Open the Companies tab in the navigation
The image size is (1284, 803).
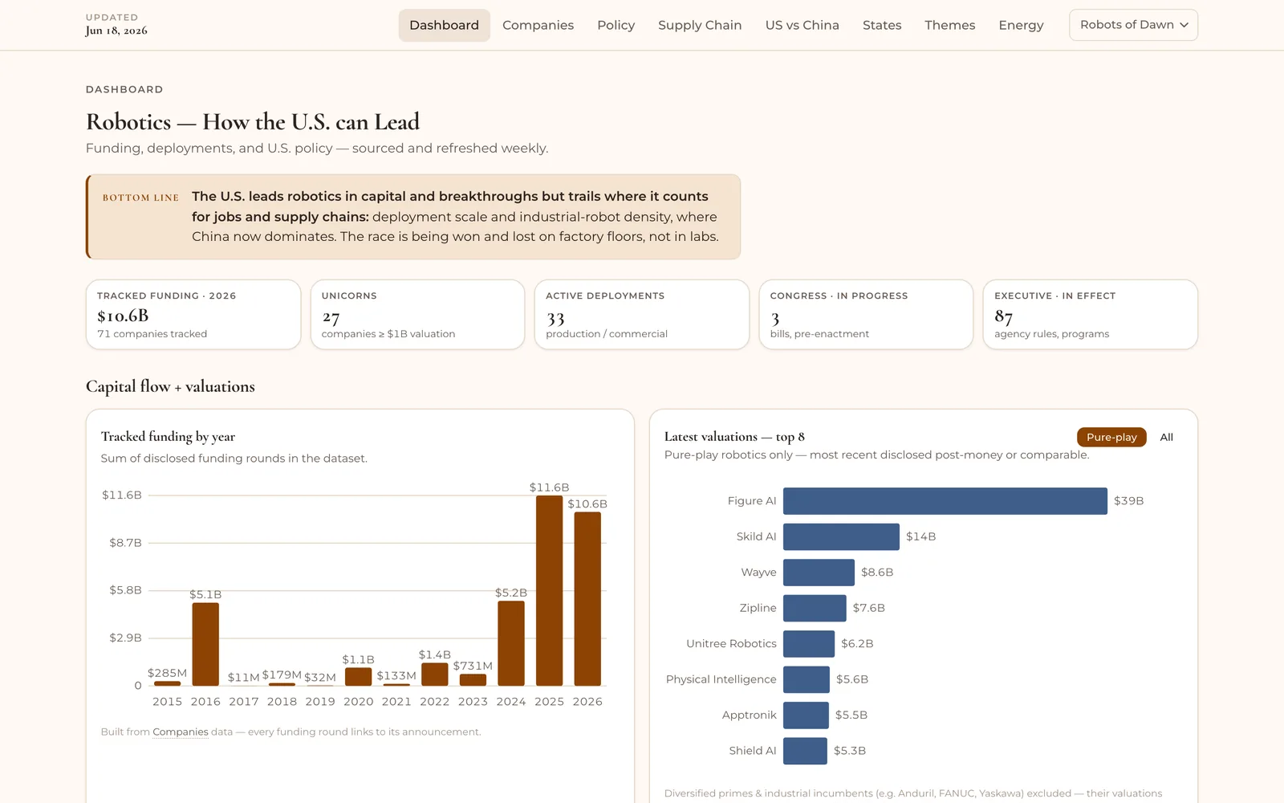pyautogui.click(x=538, y=25)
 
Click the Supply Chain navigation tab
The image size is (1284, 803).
pyautogui.click(x=699, y=25)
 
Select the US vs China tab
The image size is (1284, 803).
pyautogui.click(x=802, y=25)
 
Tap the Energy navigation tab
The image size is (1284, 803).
pyautogui.click(x=1021, y=25)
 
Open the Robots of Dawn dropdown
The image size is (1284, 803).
pyautogui.click(x=1133, y=25)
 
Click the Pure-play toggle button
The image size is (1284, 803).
pyautogui.click(x=1111, y=437)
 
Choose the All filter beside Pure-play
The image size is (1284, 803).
pyautogui.click(x=1167, y=437)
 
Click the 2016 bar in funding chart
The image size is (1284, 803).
pyautogui.click(x=205, y=644)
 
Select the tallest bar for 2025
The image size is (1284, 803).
pyautogui.click(x=549, y=591)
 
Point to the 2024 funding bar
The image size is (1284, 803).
pyautogui.click(x=510, y=643)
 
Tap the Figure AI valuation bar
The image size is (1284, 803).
pyautogui.click(x=945, y=501)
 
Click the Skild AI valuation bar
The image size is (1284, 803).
pyautogui.click(x=841, y=536)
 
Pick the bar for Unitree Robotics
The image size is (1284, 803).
pyautogui.click(x=809, y=643)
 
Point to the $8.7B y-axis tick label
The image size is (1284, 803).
pyautogui.click(x=125, y=543)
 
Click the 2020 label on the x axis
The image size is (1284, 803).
pyautogui.click(x=358, y=702)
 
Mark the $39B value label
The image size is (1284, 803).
pyautogui.click(x=1128, y=501)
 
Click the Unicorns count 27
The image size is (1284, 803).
pyautogui.click(x=331, y=317)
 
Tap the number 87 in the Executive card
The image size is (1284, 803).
pyautogui.click(x=1004, y=316)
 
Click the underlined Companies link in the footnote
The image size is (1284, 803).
pyautogui.click(x=180, y=732)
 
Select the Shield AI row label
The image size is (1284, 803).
pyautogui.click(x=752, y=751)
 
